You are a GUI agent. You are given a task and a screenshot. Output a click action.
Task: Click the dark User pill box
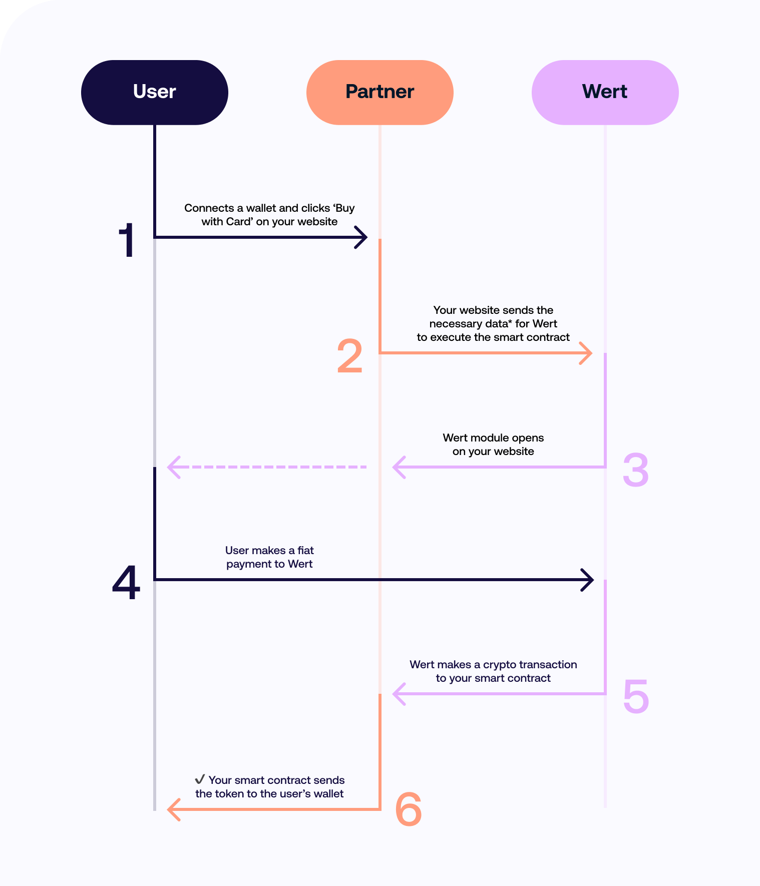click(154, 92)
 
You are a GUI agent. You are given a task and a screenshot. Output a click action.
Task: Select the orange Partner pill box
click(379, 92)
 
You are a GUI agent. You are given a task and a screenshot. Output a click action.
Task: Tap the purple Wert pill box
click(605, 92)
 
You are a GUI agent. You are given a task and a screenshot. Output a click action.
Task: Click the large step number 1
click(127, 241)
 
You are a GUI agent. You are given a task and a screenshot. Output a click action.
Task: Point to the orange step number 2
click(349, 356)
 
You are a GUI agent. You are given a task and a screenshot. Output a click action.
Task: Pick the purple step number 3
click(635, 470)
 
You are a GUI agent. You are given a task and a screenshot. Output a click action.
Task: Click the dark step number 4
click(126, 583)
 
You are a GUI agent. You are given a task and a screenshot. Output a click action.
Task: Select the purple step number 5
click(636, 696)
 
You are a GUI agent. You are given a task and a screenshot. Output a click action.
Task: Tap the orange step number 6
click(408, 809)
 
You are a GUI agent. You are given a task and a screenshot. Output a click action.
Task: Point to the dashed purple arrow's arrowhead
click(173, 467)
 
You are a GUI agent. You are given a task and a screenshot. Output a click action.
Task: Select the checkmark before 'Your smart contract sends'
click(200, 779)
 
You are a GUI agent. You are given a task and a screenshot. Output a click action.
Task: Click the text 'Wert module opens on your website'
click(493, 445)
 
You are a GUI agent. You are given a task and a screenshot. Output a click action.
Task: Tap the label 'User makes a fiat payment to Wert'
click(269, 557)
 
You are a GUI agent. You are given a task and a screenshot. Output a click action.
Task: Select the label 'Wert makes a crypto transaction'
click(493, 665)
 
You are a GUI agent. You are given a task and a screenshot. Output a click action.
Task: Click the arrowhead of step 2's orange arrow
click(587, 353)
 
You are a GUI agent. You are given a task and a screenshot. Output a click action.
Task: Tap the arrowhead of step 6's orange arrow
click(173, 809)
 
